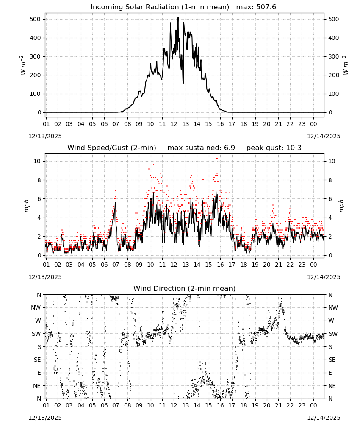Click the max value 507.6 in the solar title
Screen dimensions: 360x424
(266, 7)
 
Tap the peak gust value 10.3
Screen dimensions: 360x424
(293, 148)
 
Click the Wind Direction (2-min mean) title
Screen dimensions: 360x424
(185, 288)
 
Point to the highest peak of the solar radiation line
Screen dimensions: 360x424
(178, 18)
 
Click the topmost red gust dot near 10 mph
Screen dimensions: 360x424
(217, 159)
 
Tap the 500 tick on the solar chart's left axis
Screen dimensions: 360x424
(35, 19)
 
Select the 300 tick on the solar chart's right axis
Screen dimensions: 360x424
(334, 56)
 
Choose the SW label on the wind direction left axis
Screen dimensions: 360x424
(36, 334)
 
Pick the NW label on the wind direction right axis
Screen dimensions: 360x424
(333, 307)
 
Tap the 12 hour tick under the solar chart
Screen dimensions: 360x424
(174, 124)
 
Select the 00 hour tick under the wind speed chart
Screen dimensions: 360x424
(313, 265)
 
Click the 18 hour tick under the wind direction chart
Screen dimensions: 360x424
(244, 406)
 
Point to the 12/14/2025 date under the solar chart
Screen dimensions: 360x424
(324, 136)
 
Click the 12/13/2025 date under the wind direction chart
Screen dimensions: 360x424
(45, 418)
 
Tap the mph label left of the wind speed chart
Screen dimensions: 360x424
(27, 206)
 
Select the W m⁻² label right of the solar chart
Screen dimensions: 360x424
(346, 65)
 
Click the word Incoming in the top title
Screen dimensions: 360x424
(104, 7)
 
